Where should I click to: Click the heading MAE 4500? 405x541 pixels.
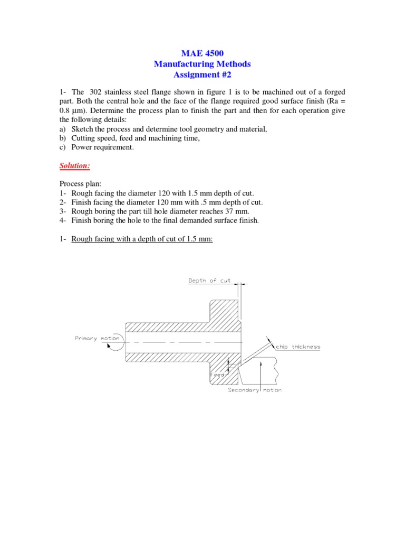(202, 53)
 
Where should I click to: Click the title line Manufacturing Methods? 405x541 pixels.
(202, 64)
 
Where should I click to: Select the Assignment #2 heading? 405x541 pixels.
(202, 74)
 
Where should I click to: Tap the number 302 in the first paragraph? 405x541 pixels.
(100, 92)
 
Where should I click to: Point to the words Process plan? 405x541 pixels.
(81, 184)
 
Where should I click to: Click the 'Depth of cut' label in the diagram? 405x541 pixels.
(210, 281)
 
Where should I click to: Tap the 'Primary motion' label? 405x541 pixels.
(98, 338)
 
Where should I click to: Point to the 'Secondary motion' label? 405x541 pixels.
(255, 390)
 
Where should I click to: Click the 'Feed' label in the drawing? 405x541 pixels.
(218, 374)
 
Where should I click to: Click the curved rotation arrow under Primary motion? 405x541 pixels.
(113, 346)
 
